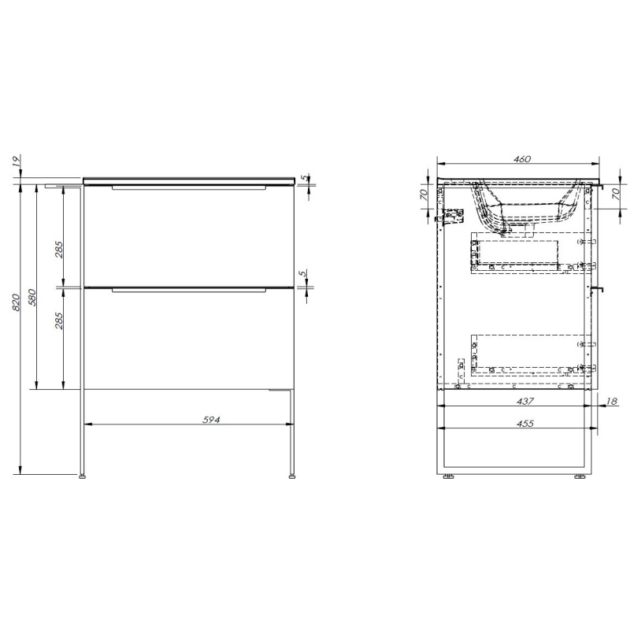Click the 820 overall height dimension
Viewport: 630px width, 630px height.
pyautogui.click(x=16, y=302)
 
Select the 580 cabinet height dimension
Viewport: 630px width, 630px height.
pyautogui.click(x=32, y=298)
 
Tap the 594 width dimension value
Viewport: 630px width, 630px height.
pyautogui.click(x=211, y=420)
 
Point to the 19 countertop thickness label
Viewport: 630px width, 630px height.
pyautogui.click(x=17, y=161)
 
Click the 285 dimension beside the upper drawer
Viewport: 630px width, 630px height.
pyautogui.click(x=59, y=249)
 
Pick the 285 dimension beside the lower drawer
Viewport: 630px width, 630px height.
pyautogui.click(x=59, y=321)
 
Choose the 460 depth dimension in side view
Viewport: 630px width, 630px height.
pyautogui.click(x=522, y=159)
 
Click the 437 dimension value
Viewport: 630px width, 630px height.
pyautogui.click(x=525, y=401)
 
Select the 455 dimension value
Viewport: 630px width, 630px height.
pyautogui.click(x=525, y=424)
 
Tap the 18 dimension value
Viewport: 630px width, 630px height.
pyautogui.click(x=611, y=401)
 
